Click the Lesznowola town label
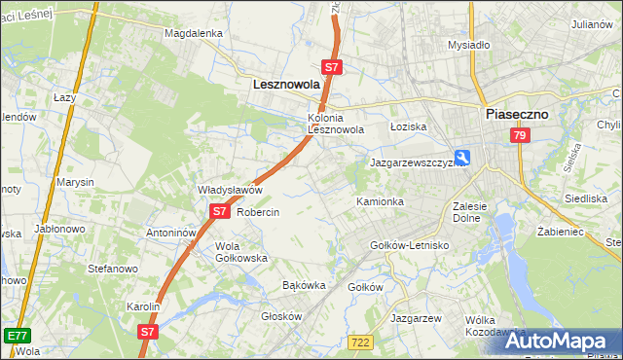click(286, 85)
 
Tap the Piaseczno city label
click(516, 114)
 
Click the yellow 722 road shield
click(360, 340)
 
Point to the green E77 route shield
click(17, 336)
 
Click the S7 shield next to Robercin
click(220, 211)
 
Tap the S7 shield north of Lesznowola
click(332, 67)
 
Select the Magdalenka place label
click(194, 33)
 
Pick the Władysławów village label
click(231, 190)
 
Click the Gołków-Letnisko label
click(410, 245)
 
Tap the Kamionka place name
click(380, 201)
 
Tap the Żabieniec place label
click(560, 233)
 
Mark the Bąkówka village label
click(303, 285)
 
